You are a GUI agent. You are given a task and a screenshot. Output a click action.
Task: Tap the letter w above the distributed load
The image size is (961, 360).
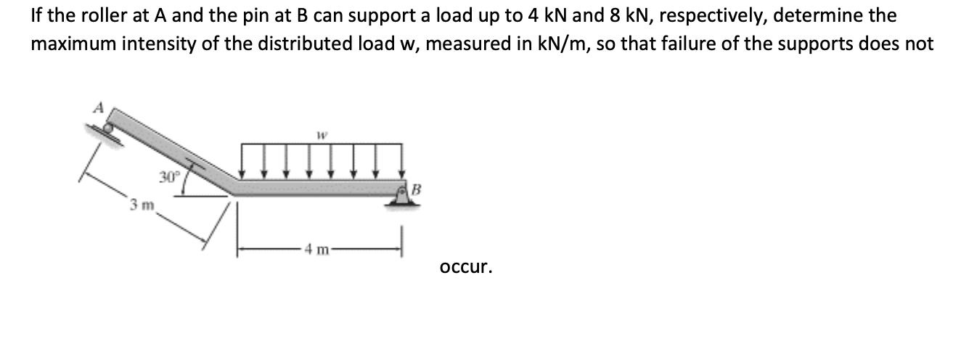point(320,134)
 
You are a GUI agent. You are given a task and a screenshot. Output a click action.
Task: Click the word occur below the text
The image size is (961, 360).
point(466,267)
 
